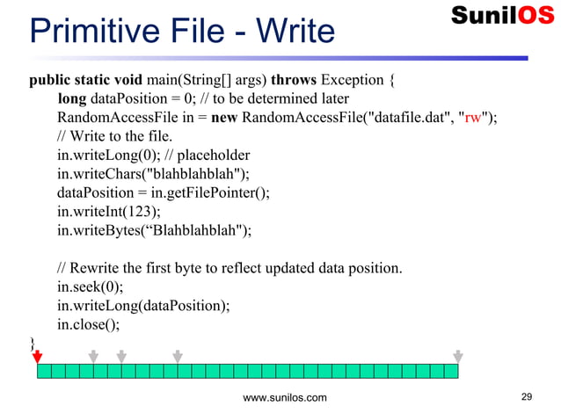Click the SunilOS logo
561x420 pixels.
(x=503, y=16)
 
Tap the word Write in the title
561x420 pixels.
(x=292, y=33)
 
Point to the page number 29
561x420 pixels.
(x=527, y=397)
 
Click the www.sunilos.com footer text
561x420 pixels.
(x=284, y=398)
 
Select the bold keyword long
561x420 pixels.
(x=72, y=100)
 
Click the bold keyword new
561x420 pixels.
(x=225, y=119)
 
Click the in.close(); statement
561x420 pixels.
(x=88, y=324)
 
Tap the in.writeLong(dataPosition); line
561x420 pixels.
(x=143, y=305)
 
